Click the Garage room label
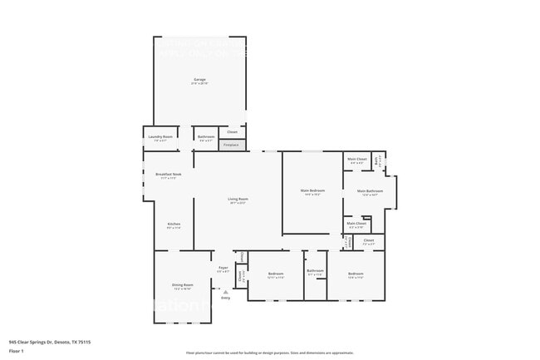click(199, 81)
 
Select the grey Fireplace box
click(232, 145)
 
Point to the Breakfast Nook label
click(166, 175)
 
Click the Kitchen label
click(174, 224)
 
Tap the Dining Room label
click(182, 286)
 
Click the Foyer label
click(223, 269)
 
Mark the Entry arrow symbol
click(224, 291)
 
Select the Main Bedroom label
click(312, 191)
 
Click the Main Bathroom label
click(370, 192)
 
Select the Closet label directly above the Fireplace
click(232, 132)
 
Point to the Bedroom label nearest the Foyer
click(276, 274)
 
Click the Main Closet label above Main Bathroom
click(356, 160)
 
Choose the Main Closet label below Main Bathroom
click(356, 224)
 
